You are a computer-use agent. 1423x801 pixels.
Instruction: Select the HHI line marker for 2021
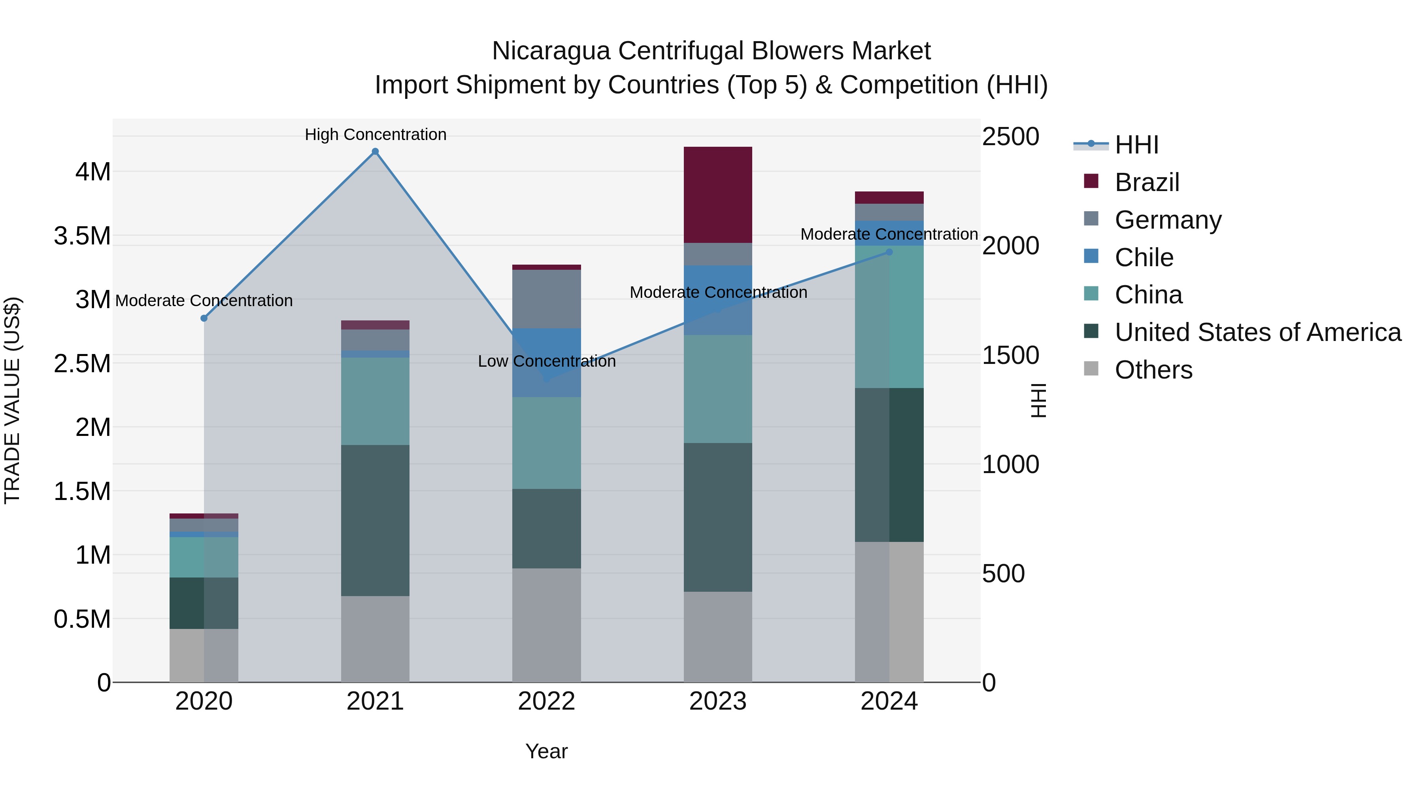[x=375, y=151]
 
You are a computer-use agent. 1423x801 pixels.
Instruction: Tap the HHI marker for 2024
[x=889, y=252]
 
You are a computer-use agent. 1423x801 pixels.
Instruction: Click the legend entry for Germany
[x=1167, y=220]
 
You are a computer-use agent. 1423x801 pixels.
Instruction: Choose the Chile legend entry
[x=1144, y=258]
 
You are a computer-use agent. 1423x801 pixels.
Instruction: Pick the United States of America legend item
[x=1257, y=332]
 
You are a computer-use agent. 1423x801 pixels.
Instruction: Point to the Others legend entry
[x=1153, y=370]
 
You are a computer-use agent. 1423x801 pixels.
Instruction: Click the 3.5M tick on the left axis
[x=82, y=236]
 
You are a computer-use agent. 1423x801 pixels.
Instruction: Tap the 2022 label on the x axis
[x=546, y=701]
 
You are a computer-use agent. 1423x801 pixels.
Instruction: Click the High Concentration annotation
[x=376, y=134]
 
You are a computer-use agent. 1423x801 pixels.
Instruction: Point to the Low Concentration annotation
[x=546, y=361]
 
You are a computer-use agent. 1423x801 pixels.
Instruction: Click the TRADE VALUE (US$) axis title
[x=12, y=400]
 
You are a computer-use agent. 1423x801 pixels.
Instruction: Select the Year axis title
[x=546, y=751]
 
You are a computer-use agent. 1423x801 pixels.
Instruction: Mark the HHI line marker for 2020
[x=204, y=318]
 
